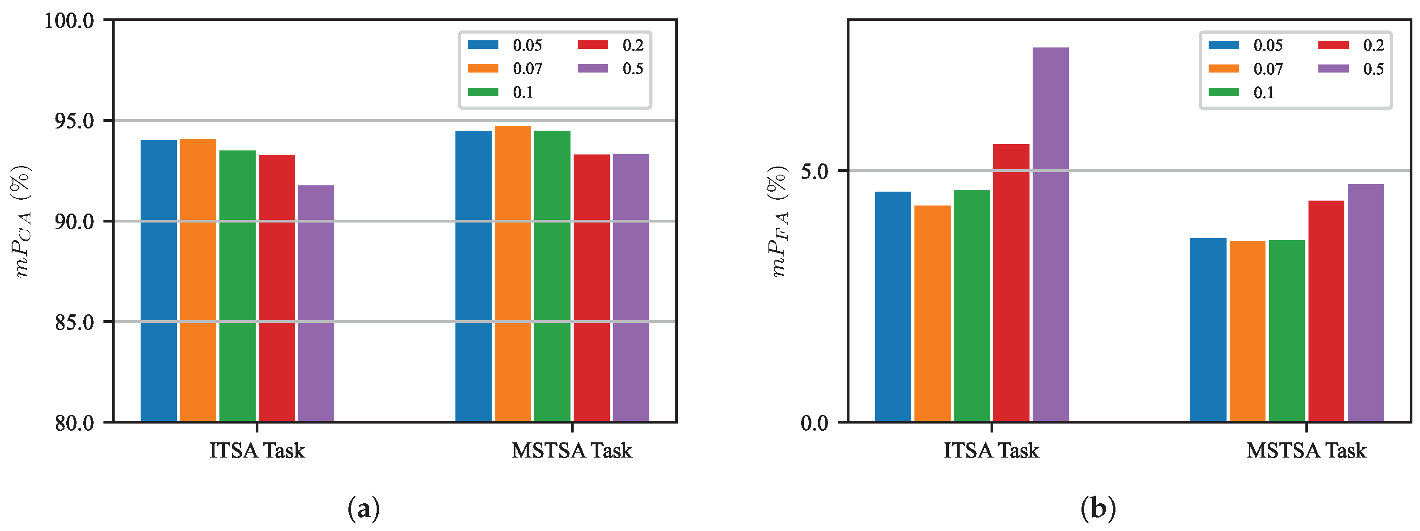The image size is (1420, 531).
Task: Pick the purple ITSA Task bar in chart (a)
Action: click(316, 303)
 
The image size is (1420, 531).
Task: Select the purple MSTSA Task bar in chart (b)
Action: click(1365, 303)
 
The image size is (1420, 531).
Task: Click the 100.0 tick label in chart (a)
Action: click(69, 21)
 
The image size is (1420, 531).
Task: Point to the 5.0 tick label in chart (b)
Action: click(815, 171)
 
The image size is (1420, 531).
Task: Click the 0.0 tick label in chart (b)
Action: click(815, 423)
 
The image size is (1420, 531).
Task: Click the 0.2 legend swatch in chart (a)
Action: click(592, 45)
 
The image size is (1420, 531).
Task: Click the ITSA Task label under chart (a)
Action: click(257, 450)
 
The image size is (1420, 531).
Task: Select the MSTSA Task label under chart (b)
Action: click(1306, 450)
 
